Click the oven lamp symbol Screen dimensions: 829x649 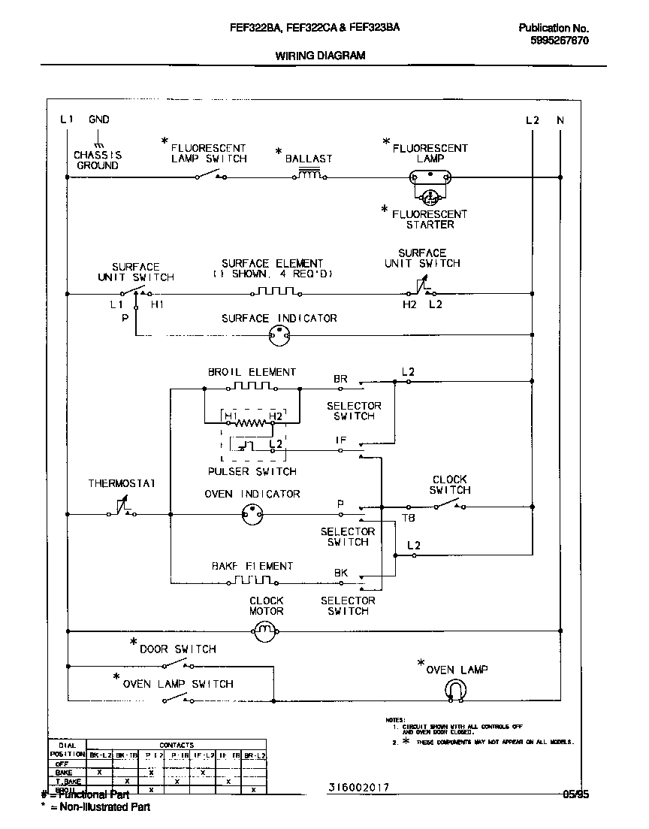click(455, 689)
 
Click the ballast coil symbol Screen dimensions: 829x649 click(309, 176)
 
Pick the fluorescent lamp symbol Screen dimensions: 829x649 click(430, 178)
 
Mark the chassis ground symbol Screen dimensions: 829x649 click(98, 143)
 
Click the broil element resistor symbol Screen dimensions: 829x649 click(252, 387)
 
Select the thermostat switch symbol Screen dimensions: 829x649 click(121, 511)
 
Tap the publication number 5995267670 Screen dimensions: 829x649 click(554, 41)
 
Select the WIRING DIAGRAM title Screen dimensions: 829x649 click(320, 56)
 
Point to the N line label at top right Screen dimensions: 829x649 click(560, 120)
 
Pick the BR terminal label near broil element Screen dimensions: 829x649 click(340, 379)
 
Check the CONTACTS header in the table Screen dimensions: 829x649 click(176, 745)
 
